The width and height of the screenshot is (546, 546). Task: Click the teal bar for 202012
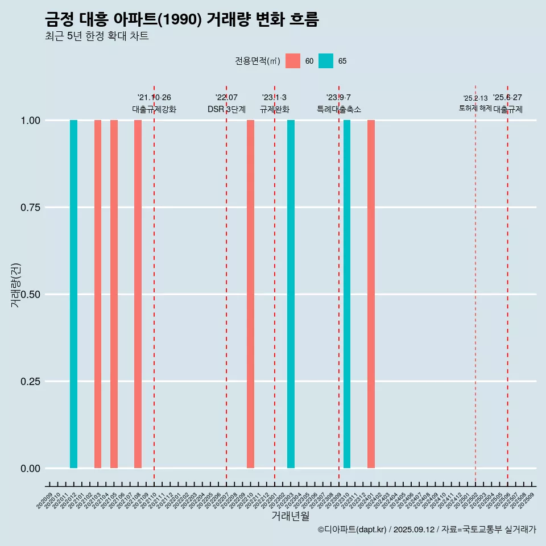point(73,294)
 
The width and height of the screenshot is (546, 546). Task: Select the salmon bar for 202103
point(98,294)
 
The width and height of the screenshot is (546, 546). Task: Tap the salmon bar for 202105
point(114,294)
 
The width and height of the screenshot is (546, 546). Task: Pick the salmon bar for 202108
point(138,294)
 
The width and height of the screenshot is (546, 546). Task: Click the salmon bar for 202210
point(250,294)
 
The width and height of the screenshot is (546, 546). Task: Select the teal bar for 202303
point(291,294)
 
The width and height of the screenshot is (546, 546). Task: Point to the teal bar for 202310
point(347,294)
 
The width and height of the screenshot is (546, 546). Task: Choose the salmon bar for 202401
point(371,294)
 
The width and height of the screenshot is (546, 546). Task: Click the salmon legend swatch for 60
point(293,61)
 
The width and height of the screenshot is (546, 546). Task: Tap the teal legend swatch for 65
point(326,61)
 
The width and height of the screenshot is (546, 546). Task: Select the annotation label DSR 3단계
point(226,109)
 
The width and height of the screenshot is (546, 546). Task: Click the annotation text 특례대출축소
point(339,109)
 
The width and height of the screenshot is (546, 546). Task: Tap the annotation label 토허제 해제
point(475,108)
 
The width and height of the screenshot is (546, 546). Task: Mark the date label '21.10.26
point(154,98)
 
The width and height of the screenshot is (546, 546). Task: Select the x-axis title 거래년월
point(290,516)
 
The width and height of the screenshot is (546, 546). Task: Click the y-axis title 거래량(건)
point(16,284)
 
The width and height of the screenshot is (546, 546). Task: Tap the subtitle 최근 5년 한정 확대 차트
point(97,36)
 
